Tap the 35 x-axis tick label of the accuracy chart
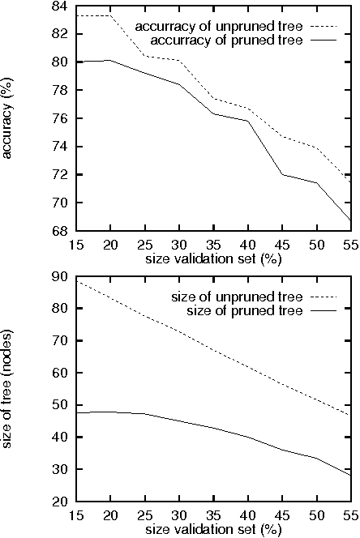click(215, 245)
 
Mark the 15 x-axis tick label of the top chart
click(78, 245)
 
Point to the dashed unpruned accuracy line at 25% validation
click(146, 56)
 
